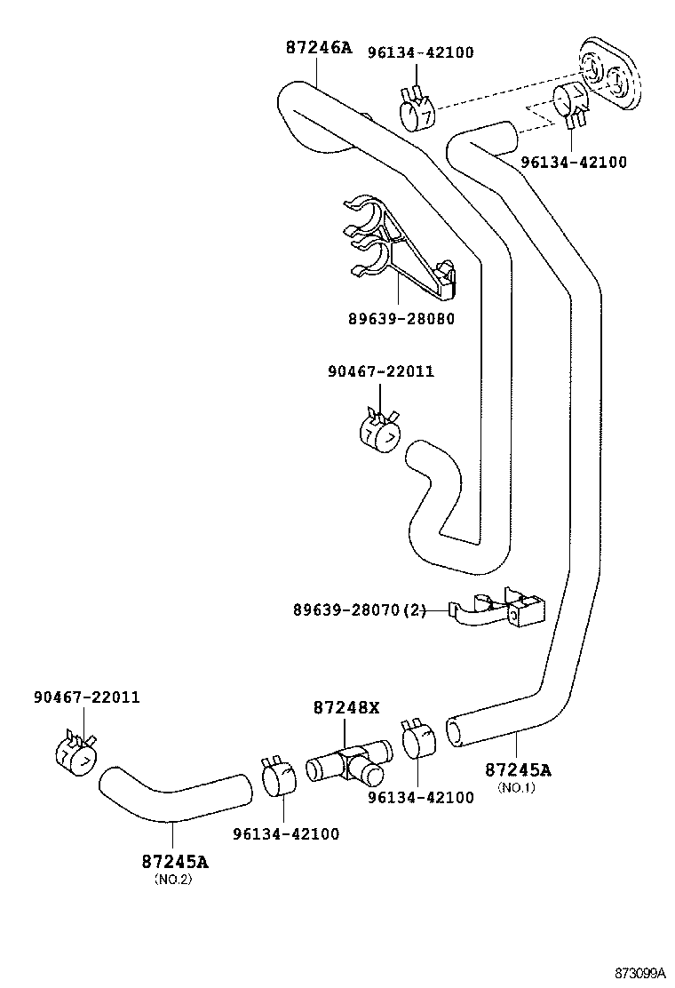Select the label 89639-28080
coord(401,319)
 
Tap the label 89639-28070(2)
coord(360,610)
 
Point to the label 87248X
coord(345,707)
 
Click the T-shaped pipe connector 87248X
coord(348,762)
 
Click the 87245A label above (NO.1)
coord(518,769)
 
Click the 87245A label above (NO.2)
coord(175,861)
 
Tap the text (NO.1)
coord(516,787)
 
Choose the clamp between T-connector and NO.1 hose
coord(418,741)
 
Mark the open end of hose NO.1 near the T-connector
coord(455,732)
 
